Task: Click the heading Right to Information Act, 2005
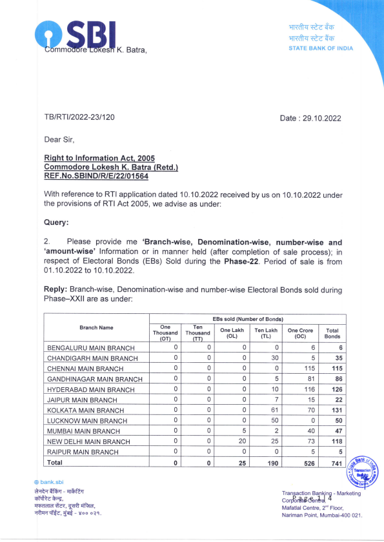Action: tap(99, 158)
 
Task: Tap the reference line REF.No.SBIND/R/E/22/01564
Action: tap(96, 176)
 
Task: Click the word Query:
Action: tap(56, 222)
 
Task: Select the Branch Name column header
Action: tap(96, 327)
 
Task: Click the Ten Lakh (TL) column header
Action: tap(266, 333)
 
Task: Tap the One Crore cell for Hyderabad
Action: tap(301, 389)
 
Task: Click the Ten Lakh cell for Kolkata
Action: tap(266, 410)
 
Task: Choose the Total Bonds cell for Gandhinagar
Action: tap(332, 379)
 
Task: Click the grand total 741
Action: tap(332, 463)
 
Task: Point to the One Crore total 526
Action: tap(301, 463)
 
